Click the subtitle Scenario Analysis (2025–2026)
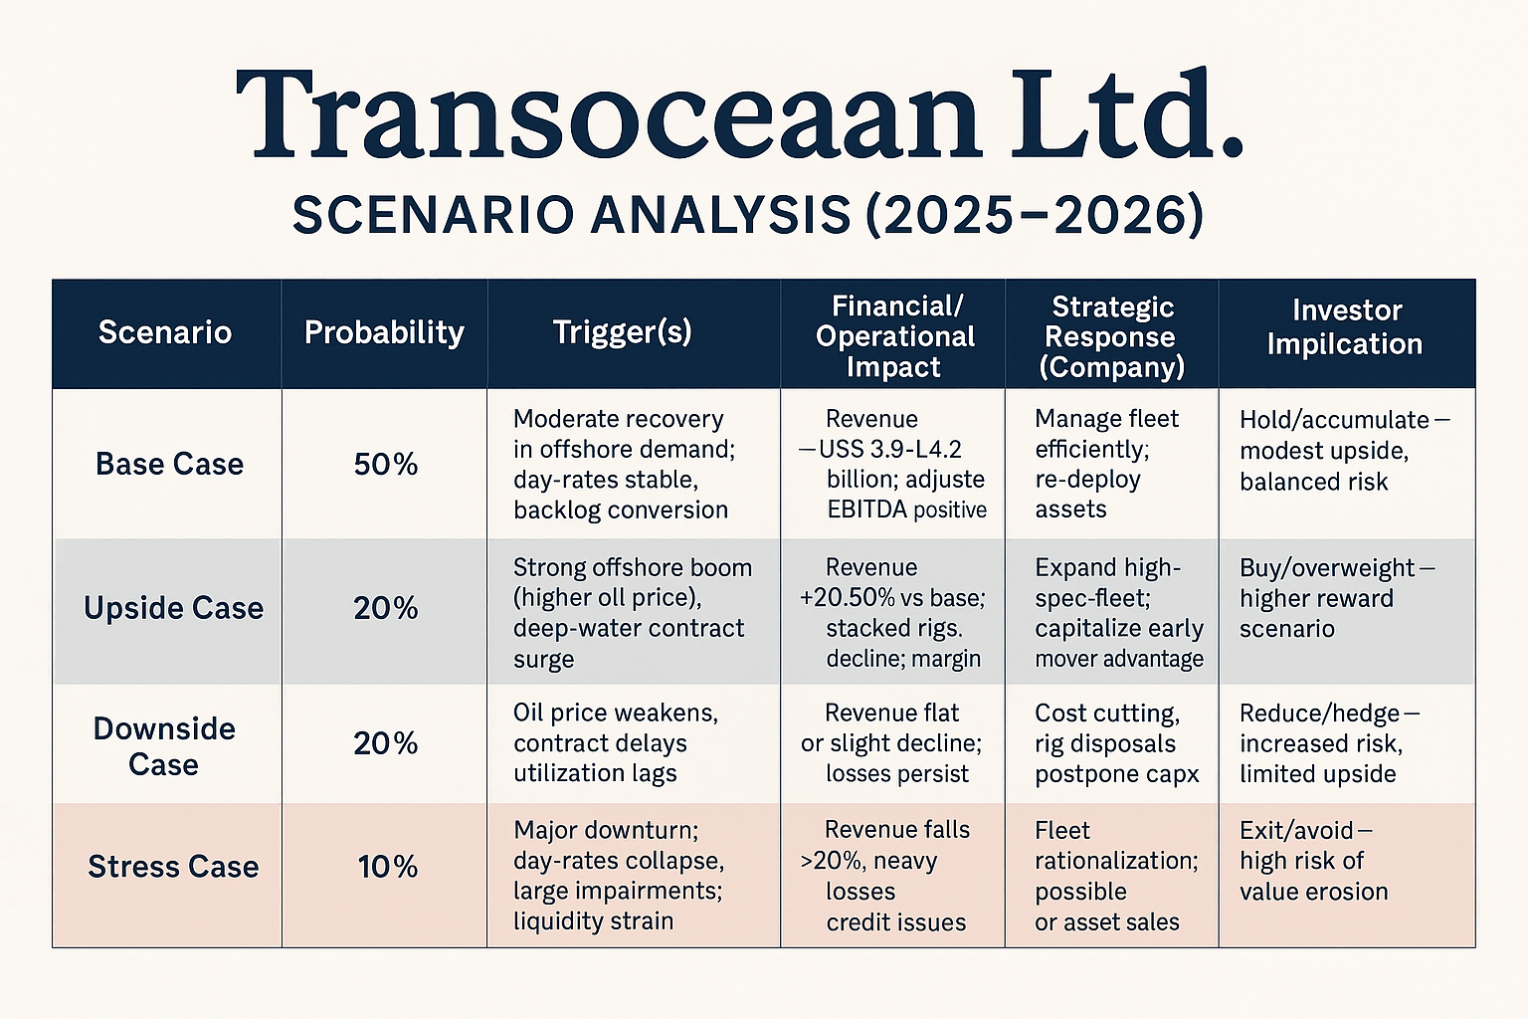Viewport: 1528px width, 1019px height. tap(747, 215)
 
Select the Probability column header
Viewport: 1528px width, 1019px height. tap(384, 332)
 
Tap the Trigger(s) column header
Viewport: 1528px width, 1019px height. tap(622, 332)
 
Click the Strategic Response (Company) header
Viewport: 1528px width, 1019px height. tap(1111, 336)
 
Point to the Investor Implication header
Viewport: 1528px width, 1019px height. tap(1345, 327)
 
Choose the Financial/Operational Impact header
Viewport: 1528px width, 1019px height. tap(894, 336)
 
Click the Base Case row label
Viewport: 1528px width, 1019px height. tap(169, 464)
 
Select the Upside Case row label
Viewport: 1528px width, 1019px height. tap(173, 608)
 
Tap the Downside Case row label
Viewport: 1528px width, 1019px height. tap(164, 746)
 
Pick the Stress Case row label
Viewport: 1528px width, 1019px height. tap(173, 867)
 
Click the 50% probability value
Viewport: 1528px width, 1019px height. tap(386, 465)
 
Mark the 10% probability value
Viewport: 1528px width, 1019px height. tap(387, 867)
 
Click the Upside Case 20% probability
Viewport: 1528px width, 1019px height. tap(386, 608)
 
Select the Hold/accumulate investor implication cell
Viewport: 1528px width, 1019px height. tap(1343, 450)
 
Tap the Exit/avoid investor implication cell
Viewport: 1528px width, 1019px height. tap(1313, 861)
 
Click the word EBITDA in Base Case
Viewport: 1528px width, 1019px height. tap(866, 510)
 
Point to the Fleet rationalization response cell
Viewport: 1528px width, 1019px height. tap(1115, 876)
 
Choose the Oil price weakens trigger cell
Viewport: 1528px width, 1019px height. tap(615, 743)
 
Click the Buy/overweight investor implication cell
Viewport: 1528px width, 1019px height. tap(1336, 598)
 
